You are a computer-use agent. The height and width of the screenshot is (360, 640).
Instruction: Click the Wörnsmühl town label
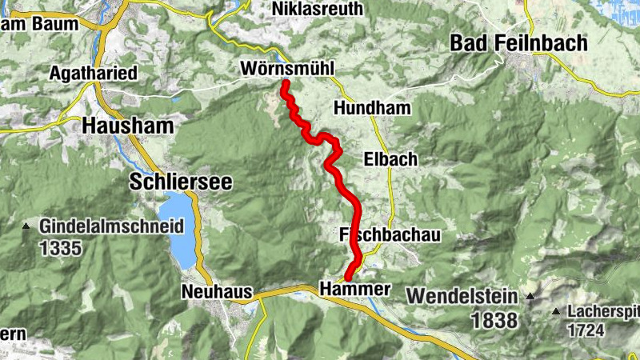pos(286,70)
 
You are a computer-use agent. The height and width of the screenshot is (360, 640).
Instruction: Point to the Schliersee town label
pos(181,182)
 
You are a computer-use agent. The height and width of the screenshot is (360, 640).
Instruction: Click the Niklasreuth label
pos(317,10)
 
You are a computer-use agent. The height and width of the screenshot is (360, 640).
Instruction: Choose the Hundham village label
pos(373,108)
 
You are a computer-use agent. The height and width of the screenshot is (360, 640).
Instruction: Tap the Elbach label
pos(390,159)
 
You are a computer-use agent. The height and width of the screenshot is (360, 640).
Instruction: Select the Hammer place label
pos(354,288)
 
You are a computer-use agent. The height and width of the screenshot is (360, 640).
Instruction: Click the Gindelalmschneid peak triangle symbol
pos(26,227)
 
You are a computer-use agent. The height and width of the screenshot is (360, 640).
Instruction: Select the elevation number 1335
pos(60,247)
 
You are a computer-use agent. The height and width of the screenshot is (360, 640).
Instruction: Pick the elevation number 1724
pos(589,329)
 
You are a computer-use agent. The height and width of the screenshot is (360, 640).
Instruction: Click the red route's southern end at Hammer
pos(349,277)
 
